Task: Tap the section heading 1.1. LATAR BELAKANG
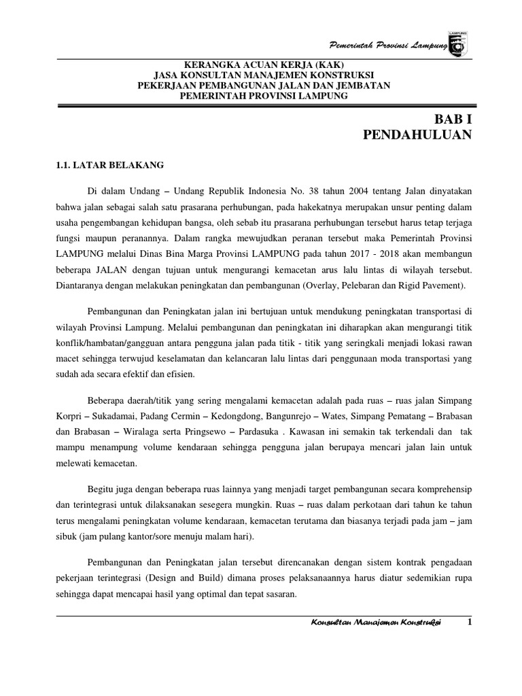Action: coord(109,164)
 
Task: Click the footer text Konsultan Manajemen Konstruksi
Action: coord(375,624)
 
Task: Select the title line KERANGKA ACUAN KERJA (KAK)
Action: coord(263,65)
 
